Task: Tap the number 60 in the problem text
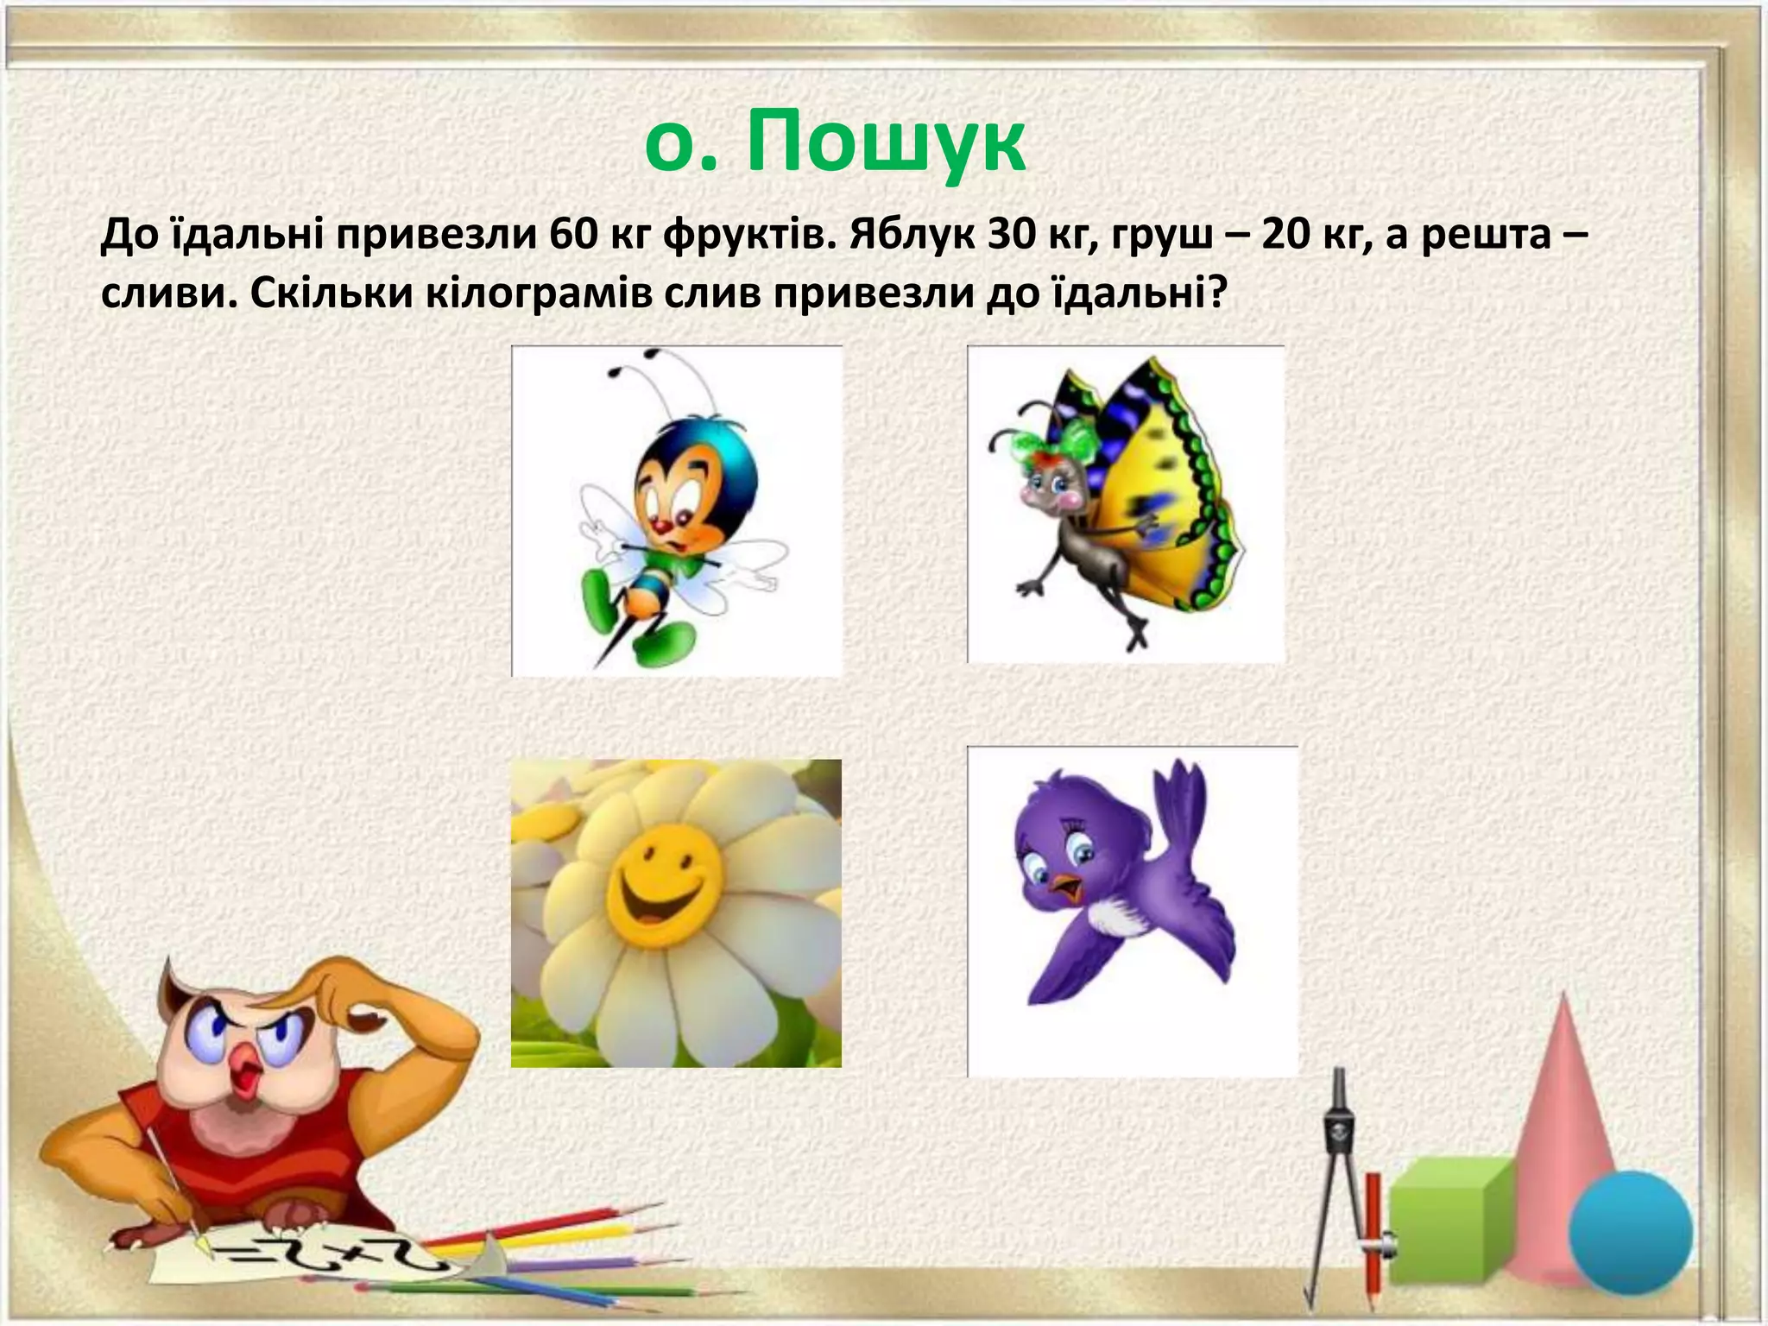(x=570, y=235)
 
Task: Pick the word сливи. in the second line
(x=168, y=295)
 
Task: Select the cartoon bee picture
(x=676, y=511)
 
